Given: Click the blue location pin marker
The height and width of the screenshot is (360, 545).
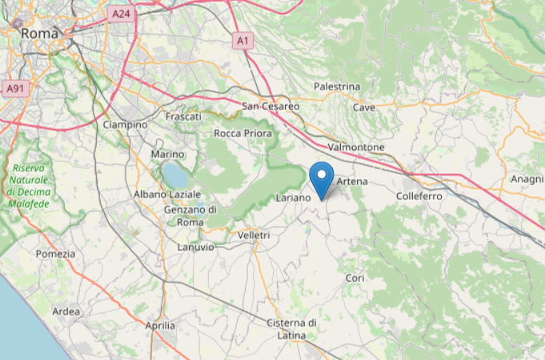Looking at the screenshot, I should (322, 178).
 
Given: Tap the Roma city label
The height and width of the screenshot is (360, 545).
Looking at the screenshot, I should (40, 34).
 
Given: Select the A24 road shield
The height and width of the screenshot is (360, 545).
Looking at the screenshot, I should (120, 14).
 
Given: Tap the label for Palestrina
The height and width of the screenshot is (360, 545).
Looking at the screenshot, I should (337, 86).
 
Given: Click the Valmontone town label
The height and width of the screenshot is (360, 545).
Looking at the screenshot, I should (356, 148).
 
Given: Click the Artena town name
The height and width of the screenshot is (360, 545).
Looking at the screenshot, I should (352, 182).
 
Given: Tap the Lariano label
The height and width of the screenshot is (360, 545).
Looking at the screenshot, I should (292, 197).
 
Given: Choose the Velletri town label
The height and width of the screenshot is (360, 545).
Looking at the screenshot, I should (254, 235).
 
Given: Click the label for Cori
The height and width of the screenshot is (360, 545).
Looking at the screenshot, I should (354, 278).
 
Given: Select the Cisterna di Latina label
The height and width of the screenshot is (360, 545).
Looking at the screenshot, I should (291, 328).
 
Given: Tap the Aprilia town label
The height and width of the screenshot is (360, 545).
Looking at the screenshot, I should (160, 326).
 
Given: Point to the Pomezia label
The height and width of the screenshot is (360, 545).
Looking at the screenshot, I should (55, 254).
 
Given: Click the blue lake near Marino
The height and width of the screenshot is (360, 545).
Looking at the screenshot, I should (174, 174).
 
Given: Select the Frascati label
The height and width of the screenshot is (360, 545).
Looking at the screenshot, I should (182, 117).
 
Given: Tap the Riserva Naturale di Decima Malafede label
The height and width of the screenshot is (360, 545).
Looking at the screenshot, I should (30, 186).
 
